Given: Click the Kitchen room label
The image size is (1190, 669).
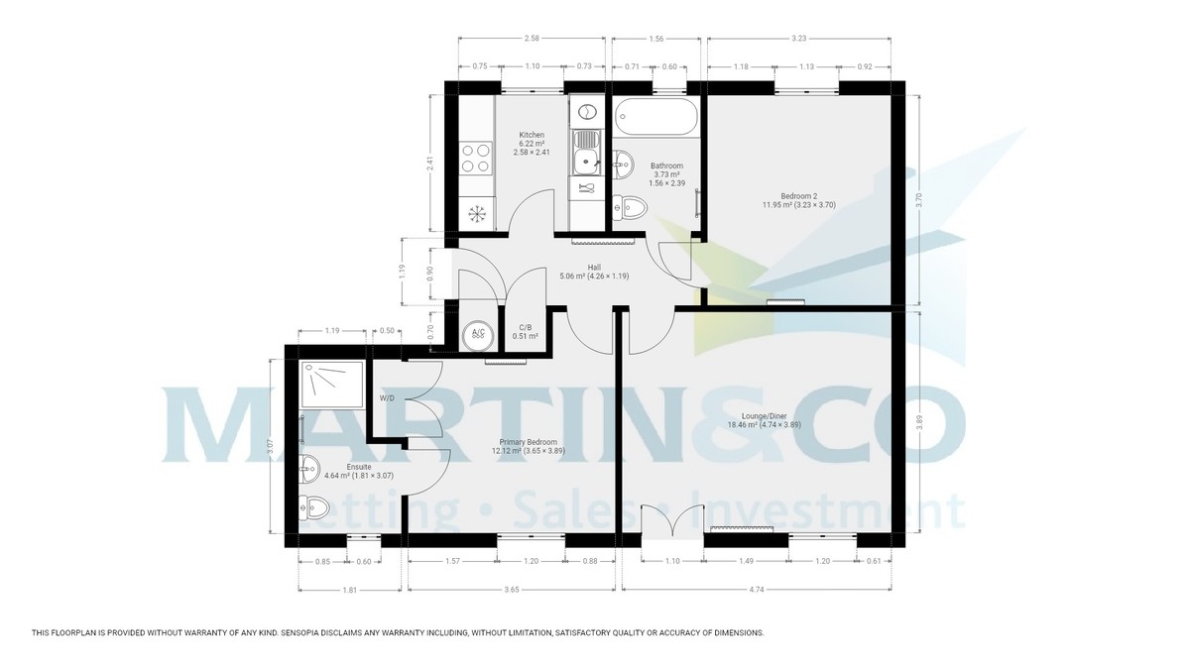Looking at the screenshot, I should point(532,135).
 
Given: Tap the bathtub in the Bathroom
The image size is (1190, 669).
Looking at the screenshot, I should point(656,119).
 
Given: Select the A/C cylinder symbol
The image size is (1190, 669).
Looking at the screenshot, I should point(478,333).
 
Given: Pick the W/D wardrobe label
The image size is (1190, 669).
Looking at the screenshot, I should point(387,398).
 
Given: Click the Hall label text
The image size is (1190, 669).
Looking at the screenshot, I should point(594,268).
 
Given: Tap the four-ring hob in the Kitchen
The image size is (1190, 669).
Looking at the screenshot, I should point(477,158).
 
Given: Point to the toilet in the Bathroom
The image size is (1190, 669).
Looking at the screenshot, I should point(631,207).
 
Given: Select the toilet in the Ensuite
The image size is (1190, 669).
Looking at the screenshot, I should point(313,509).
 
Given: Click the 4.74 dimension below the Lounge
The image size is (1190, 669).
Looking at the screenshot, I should point(757,589).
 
